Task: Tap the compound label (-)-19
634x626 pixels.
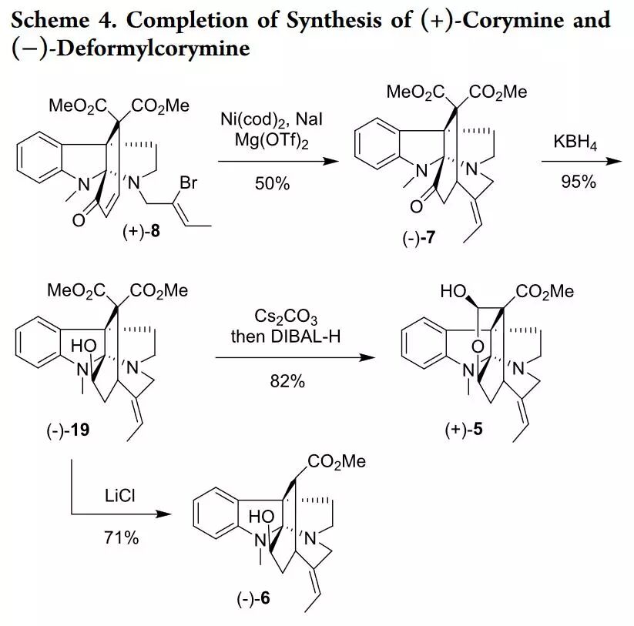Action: click(68, 430)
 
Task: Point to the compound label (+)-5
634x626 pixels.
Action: click(464, 430)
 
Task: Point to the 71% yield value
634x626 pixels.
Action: click(121, 538)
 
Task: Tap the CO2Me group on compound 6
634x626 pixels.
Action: click(336, 461)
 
